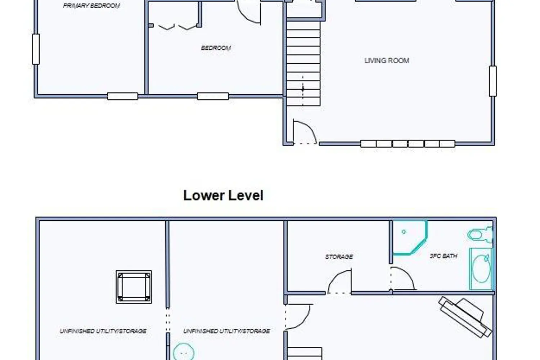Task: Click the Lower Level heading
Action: pos(223,195)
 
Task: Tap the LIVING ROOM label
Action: pos(387,60)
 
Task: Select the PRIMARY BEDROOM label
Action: pos(91,5)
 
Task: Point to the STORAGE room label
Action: pos(339,257)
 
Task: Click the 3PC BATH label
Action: pos(444,256)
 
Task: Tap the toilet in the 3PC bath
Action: pos(480,235)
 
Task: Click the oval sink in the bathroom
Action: pos(481,269)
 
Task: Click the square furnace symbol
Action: pos(134,287)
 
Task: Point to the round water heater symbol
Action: pos(184,352)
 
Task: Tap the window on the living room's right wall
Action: pos(493,81)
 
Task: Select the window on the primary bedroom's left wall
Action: pos(36,49)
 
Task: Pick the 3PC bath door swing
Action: pos(402,279)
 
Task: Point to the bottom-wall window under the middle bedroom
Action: pos(213,96)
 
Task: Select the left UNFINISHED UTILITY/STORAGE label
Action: pos(103,331)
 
